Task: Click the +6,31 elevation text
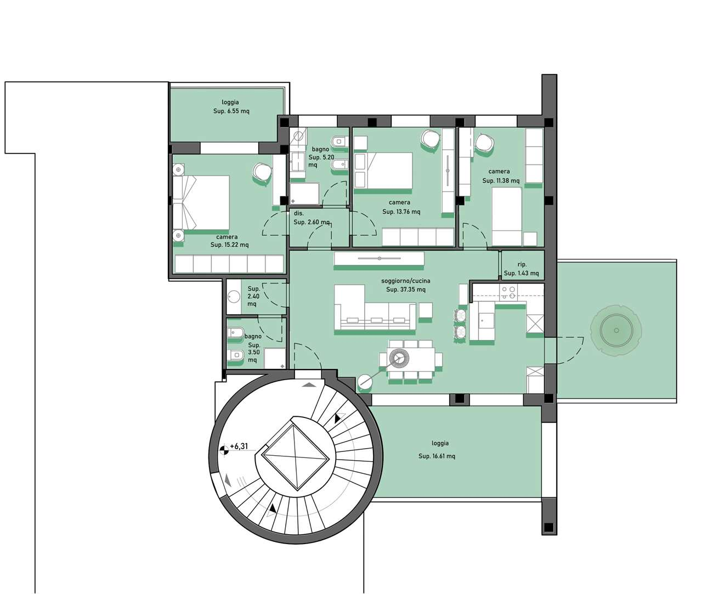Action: point(239,446)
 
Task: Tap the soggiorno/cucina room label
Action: point(405,281)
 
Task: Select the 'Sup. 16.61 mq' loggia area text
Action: point(437,456)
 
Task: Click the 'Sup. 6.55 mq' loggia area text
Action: point(231,111)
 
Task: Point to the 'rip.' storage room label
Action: point(522,264)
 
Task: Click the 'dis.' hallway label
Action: point(299,213)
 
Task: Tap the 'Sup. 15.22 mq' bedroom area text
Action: point(230,245)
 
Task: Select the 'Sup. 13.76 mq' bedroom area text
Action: point(401,212)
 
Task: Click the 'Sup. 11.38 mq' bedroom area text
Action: point(501,180)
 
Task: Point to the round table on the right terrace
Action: point(616,330)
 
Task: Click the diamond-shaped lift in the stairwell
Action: point(296,457)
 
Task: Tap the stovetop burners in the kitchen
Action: point(508,293)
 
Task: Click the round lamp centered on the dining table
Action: point(399,358)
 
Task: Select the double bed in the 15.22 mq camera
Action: point(201,203)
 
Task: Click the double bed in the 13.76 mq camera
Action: point(383,171)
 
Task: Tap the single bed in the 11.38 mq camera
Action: point(507,216)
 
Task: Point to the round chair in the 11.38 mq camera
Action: point(484,143)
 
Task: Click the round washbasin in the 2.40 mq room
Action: point(234,296)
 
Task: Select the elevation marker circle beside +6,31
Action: point(224,450)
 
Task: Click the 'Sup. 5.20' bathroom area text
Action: point(321,157)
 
